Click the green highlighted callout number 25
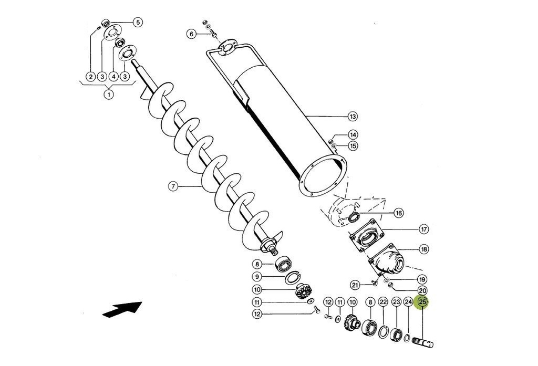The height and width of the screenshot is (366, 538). point(422,302)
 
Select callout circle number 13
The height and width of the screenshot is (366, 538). point(352,116)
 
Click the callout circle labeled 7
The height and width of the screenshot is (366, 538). point(173,185)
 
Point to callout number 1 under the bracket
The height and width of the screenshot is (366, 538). point(109,95)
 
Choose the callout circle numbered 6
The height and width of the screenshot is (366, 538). point(191,34)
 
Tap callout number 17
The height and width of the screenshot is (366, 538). point(423,229)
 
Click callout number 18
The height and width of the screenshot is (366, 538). point(423,249)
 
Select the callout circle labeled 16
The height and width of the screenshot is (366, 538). point(398,213)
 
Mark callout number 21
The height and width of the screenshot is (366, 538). point(355,285)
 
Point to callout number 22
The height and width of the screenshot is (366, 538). point(383,302)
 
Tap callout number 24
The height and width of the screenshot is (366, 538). point(408,302)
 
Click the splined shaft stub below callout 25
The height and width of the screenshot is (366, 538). point(424,342)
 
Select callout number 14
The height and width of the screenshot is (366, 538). point(353,135)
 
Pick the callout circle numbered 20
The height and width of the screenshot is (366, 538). point(422,290)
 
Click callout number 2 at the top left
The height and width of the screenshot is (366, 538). point(91,77)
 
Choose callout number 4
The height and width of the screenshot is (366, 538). point(113,77)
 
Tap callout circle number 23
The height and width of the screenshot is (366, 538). point(396,302)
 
